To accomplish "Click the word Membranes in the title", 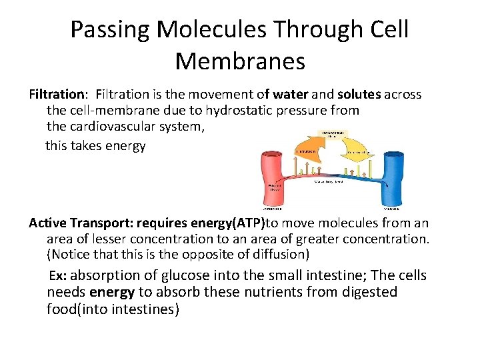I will pyautogui.click(x=240, y=61).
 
